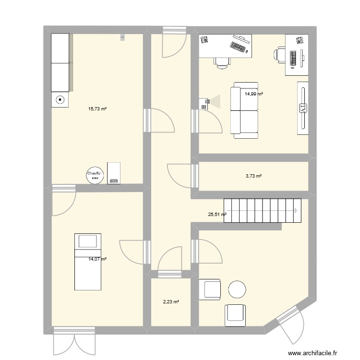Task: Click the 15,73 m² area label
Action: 97,109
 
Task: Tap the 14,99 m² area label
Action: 253,94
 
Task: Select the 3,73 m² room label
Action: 253,176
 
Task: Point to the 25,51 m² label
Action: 217,215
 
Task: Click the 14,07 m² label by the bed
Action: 97,259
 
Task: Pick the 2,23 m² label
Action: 170,302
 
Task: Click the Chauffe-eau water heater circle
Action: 94,175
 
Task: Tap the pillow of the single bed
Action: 88,240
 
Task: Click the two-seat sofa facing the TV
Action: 244,110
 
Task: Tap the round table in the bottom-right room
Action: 237,289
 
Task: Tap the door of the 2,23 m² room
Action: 170,262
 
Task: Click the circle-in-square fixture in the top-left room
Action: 60,100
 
